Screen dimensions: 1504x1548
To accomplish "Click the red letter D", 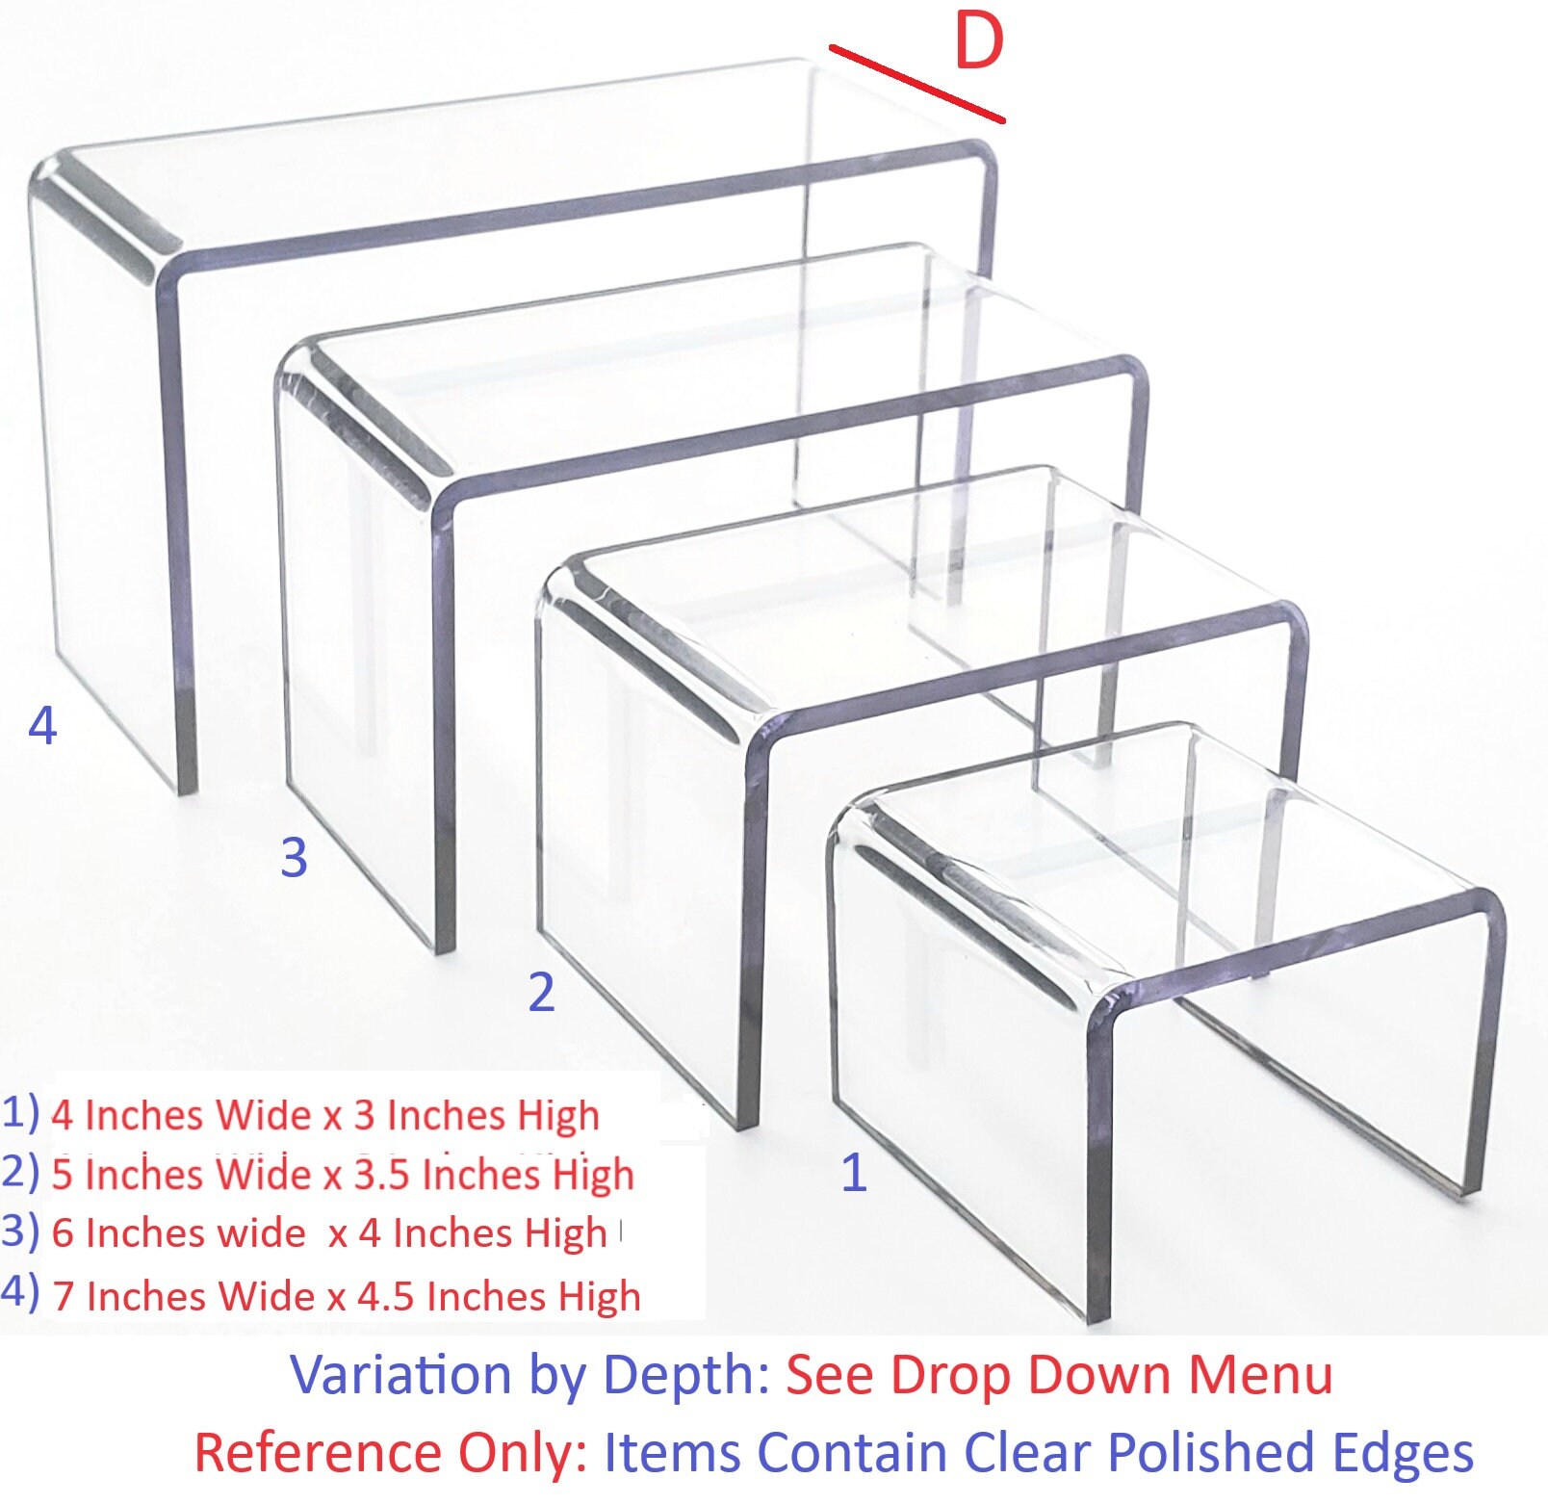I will pyautogui.click(x=978, y=42).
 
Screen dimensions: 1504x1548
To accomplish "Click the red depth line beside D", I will pyautogui.click(x=916, y=83).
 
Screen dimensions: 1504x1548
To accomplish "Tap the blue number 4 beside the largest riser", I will pyautogui.click(x=42, y=725).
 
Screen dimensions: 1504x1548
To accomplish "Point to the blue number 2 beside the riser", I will pyautogui.click(x=541, y=992).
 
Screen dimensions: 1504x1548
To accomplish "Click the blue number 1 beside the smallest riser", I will pyautogui.click(x=854, y=1173).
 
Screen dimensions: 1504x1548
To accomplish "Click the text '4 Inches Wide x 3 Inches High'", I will pyautogui.click(x=325, y=1115).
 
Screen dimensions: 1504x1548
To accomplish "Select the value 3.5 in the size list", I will pyautogui.click(x=383, y=1175).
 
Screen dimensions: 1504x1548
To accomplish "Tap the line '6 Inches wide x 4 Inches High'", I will pyautogui.click(x=329, y=1233).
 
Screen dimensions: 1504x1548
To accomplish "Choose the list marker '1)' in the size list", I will pyautogui.click(x=20, y=1112).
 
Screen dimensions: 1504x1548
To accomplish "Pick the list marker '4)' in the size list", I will pyautogui.click(x=20, y=1292).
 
